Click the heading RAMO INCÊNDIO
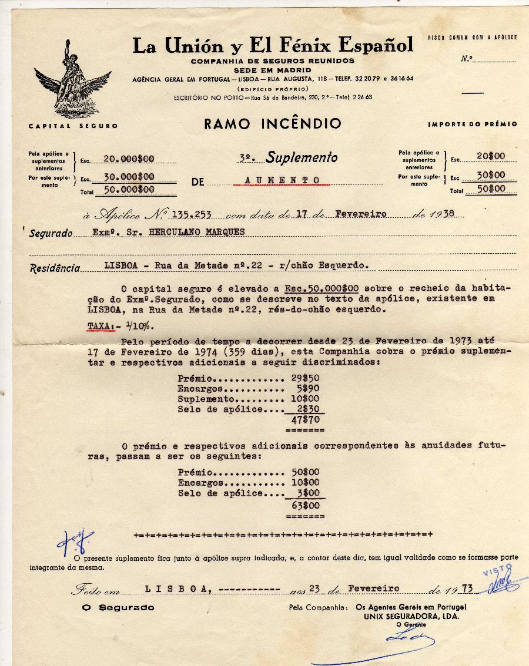[x=273, y=124]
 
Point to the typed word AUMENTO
[x=282, y=180]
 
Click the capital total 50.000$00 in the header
[x=129, y=190]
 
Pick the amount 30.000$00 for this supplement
[x=129, y=176]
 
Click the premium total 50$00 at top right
[x=490, y=189]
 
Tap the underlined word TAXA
[x=101, y=325]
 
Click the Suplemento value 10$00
[x=305, y=399]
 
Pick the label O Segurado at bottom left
[x=118, y=607]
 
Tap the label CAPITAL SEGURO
[x=73, y=126]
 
